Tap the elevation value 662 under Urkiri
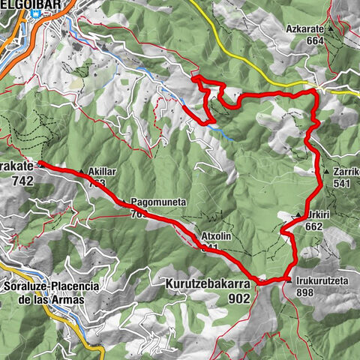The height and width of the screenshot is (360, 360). point(313,226)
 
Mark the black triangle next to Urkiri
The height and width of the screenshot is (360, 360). point(299,214)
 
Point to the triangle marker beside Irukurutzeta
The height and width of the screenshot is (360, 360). point(289,280)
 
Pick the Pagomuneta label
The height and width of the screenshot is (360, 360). point(157,202)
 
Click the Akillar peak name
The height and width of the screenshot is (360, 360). point(102,171)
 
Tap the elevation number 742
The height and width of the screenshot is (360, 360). point(23,181)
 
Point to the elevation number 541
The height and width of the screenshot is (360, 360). point(341,182)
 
